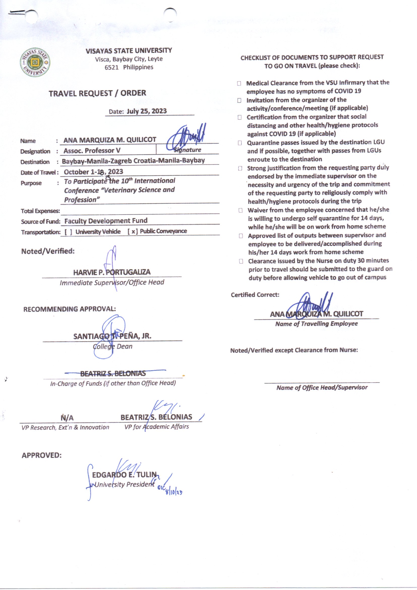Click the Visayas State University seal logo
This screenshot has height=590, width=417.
click(x=35, y=62)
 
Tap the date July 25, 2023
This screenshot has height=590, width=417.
click(x=146, y=111)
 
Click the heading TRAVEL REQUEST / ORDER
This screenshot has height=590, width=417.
click(x=97, y=93)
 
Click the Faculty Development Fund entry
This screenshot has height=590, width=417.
click(x=106, y=221)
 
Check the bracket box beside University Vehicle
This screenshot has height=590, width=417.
click(x=68, y=232)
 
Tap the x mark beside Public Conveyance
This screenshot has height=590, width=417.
click(x=133, y=231)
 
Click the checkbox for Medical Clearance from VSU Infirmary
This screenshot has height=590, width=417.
click(x=239, y=83)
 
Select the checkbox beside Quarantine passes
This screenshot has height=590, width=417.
click(x=240, y=143)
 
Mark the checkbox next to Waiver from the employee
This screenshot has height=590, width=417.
click(x=240, y=210)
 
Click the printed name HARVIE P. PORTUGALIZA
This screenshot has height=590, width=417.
click(x=112, y=272)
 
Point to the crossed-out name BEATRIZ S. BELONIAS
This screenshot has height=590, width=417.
click(x=113, y=373)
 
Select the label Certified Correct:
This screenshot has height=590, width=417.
click(x=255, y=295)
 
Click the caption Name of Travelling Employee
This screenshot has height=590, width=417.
click(x=316, y=324)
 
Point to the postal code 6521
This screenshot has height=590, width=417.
click(x=111, y=67)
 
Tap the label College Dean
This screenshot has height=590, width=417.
click(x=112, y=346)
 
